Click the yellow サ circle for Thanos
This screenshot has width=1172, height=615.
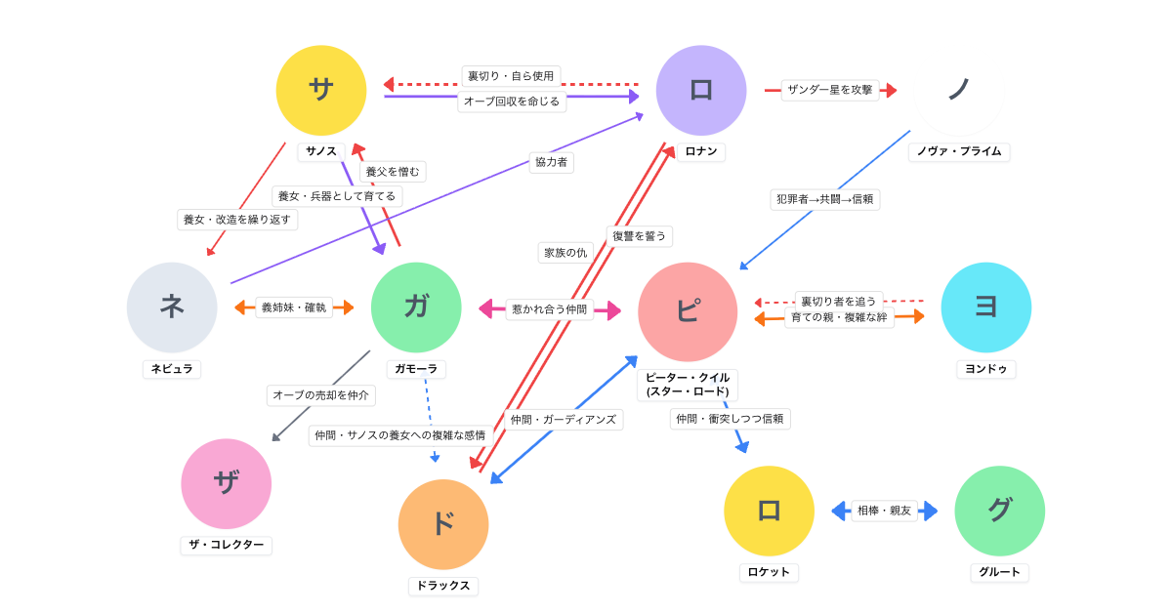pos(321,90)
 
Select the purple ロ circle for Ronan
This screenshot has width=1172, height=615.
pos(701,90)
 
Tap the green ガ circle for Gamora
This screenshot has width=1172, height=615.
pos(416,307)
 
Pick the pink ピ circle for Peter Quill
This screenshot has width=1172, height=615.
pos(688,311)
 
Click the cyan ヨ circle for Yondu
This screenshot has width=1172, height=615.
pos(985,307)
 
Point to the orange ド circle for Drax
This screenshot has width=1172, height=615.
pos(443,524)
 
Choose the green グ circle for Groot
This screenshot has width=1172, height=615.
pos(999,511)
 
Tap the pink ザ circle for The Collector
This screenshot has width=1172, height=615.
pos(226,483)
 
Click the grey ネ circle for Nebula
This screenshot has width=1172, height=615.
pos(172,307)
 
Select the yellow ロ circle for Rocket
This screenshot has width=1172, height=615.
pos(769,511)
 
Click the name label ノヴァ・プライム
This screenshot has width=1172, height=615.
pos(958,151)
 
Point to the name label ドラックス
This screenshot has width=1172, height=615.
pos(443,586)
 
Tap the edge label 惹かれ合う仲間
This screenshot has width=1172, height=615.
pos(550,309)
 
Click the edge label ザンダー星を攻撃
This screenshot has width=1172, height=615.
pos(830,90)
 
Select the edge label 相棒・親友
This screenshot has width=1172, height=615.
pos(884,511)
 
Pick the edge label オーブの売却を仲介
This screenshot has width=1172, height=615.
pos(320,395)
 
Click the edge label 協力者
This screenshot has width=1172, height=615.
pos(551,162)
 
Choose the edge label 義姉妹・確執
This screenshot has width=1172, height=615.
pos(294,307)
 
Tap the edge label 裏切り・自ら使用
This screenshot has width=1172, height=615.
pos(511,76)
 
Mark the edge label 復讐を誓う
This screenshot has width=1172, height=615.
pos(639,236)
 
